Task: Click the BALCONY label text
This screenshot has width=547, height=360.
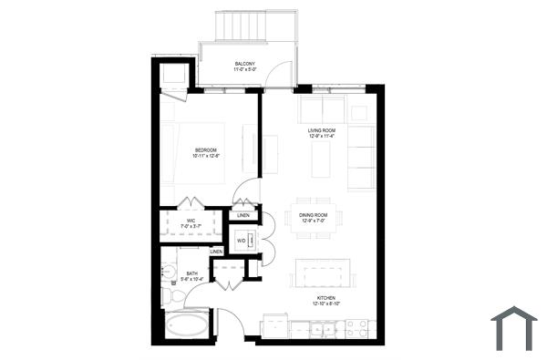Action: tap(244, 63)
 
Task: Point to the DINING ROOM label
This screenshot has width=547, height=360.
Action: tap(314, 215)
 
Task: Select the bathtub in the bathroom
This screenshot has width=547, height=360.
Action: tap(188, 324)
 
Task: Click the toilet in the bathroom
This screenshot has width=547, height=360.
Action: tap(168, 295)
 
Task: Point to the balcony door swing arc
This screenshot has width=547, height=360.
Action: tap(282, 75)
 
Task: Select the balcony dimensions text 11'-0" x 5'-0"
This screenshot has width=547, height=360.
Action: tap(244, 69)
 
